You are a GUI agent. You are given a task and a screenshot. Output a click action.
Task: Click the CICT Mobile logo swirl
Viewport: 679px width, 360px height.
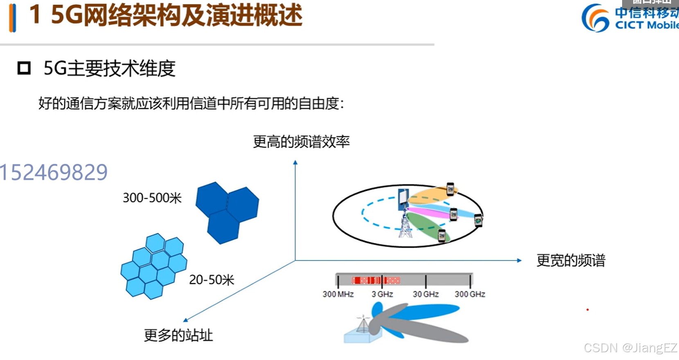tap(596, 18)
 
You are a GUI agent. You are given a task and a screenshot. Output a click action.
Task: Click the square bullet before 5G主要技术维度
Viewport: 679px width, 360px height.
tap(24, 68)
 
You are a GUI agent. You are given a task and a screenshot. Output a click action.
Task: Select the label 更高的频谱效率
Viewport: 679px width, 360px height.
tap(301, 142)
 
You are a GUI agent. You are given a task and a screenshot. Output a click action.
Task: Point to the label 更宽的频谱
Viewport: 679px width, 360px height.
tap(571, 260)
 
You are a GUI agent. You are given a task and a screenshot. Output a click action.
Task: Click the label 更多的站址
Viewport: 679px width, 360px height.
tap(178, 335)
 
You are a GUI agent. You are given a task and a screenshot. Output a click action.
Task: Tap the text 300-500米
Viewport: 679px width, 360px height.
tap(152, 198)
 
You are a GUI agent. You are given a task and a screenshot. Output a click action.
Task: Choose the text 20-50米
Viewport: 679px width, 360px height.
tap(211, 280)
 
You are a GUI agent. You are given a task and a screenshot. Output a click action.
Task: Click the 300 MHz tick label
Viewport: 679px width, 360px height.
tap(338, 294)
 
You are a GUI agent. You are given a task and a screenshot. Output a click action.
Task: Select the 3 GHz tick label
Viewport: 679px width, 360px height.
tap(382, 294)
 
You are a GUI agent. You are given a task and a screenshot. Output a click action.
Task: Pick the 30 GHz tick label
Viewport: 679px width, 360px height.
tap(426, 294)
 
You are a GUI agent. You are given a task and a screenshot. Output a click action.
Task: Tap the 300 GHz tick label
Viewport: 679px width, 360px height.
tap(470, 294)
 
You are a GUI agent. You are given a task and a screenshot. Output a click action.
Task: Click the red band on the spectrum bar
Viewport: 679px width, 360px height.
tap(375, 281)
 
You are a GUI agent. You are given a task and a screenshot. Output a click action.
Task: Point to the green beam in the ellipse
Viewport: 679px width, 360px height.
tap(428, 226)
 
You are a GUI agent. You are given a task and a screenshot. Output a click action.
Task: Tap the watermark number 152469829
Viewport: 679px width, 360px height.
tap(54, 172)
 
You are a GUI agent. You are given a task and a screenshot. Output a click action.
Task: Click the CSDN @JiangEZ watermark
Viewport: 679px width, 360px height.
tap(630, 348)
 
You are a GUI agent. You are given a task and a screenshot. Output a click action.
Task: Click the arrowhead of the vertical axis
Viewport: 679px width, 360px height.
tap(295, 163)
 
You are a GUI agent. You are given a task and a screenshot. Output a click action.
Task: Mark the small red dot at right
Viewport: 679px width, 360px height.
tap(587, 310)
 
